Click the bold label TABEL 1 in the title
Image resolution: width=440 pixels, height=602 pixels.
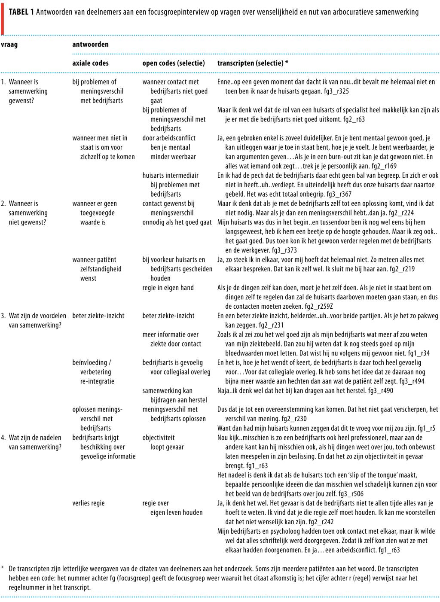tap(21, 12)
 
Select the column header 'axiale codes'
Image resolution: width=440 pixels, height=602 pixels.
tap(90, 63)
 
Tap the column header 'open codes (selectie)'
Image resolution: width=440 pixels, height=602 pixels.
tap(174, 63)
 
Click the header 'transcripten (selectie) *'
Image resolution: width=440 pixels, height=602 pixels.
tap(253, 63)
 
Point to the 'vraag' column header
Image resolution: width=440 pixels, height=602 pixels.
tap(9, 44)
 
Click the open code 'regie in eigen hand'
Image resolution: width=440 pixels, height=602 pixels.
tap(168, 288)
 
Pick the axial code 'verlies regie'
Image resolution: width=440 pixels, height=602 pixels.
tap(89, 503)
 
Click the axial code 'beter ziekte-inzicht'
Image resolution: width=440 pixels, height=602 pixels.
tap(98, 316)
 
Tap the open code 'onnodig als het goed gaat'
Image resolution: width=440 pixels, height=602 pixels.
tap(177, 222)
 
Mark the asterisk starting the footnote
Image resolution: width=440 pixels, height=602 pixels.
tap(3, 569)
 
